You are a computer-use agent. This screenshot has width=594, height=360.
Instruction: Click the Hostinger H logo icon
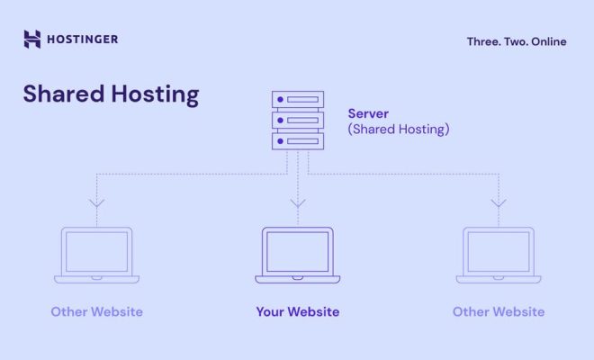pyautogui.click(x=32, y=39)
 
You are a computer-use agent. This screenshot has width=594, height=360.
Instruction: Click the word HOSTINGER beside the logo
pyautogui.click(x=83, y=40)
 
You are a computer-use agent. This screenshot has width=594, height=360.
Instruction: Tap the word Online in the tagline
pyautogui.click(x=548, y=41)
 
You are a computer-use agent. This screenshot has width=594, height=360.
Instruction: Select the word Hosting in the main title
pyautogui.click(x=156, y=94)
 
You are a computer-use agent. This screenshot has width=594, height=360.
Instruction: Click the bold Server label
pyautogui.click(x=368, y=113)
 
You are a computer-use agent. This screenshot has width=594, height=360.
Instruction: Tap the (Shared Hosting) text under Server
pyautogui.click(x=399, y=130)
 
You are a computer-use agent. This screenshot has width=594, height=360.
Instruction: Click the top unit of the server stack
pyautogui.click(x=298, y=99)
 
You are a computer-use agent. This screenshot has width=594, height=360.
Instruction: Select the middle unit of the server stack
pyautogui.click(x=298, y=120)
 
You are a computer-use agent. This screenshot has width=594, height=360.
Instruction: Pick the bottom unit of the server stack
pyautogui.click(x=298, y=141)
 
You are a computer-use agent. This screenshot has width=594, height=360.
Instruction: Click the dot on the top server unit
pyautogui.click(x=280, y=99)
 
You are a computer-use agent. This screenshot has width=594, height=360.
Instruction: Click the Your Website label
pyautogui.click(x=298, y=312)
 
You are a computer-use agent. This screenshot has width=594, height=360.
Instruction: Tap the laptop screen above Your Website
pyautogui.click(x=298, y=252)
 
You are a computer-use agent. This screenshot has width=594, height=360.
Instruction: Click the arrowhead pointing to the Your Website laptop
pyautogui.click(x=298, y=204)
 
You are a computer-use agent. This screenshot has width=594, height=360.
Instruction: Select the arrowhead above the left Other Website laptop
pyautogui.click(x=96, y=204)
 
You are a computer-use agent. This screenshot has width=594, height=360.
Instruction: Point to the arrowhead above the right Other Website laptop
pyautogui.click(x=499, y=204)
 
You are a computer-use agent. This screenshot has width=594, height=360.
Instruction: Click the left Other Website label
pyautogui.click(x=97, y=312)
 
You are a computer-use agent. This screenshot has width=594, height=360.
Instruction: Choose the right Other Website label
pyautogui.click(x=499, y=312)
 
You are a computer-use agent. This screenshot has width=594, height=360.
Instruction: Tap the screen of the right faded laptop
pyautogui.click(x=499, y=252)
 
